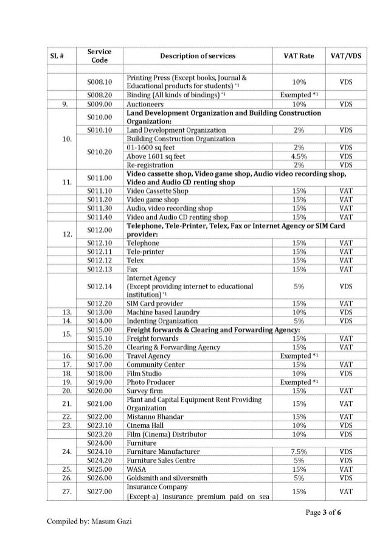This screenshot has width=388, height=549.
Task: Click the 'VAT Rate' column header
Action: pos(299,56)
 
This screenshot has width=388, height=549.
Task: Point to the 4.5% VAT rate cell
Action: pos(299,156)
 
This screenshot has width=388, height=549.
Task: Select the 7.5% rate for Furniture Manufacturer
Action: pos(299,452)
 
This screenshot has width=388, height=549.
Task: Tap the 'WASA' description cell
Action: pos(136,469)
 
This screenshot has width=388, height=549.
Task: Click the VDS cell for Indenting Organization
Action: pos(347,321)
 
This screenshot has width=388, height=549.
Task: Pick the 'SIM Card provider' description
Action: pos(155,304)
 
